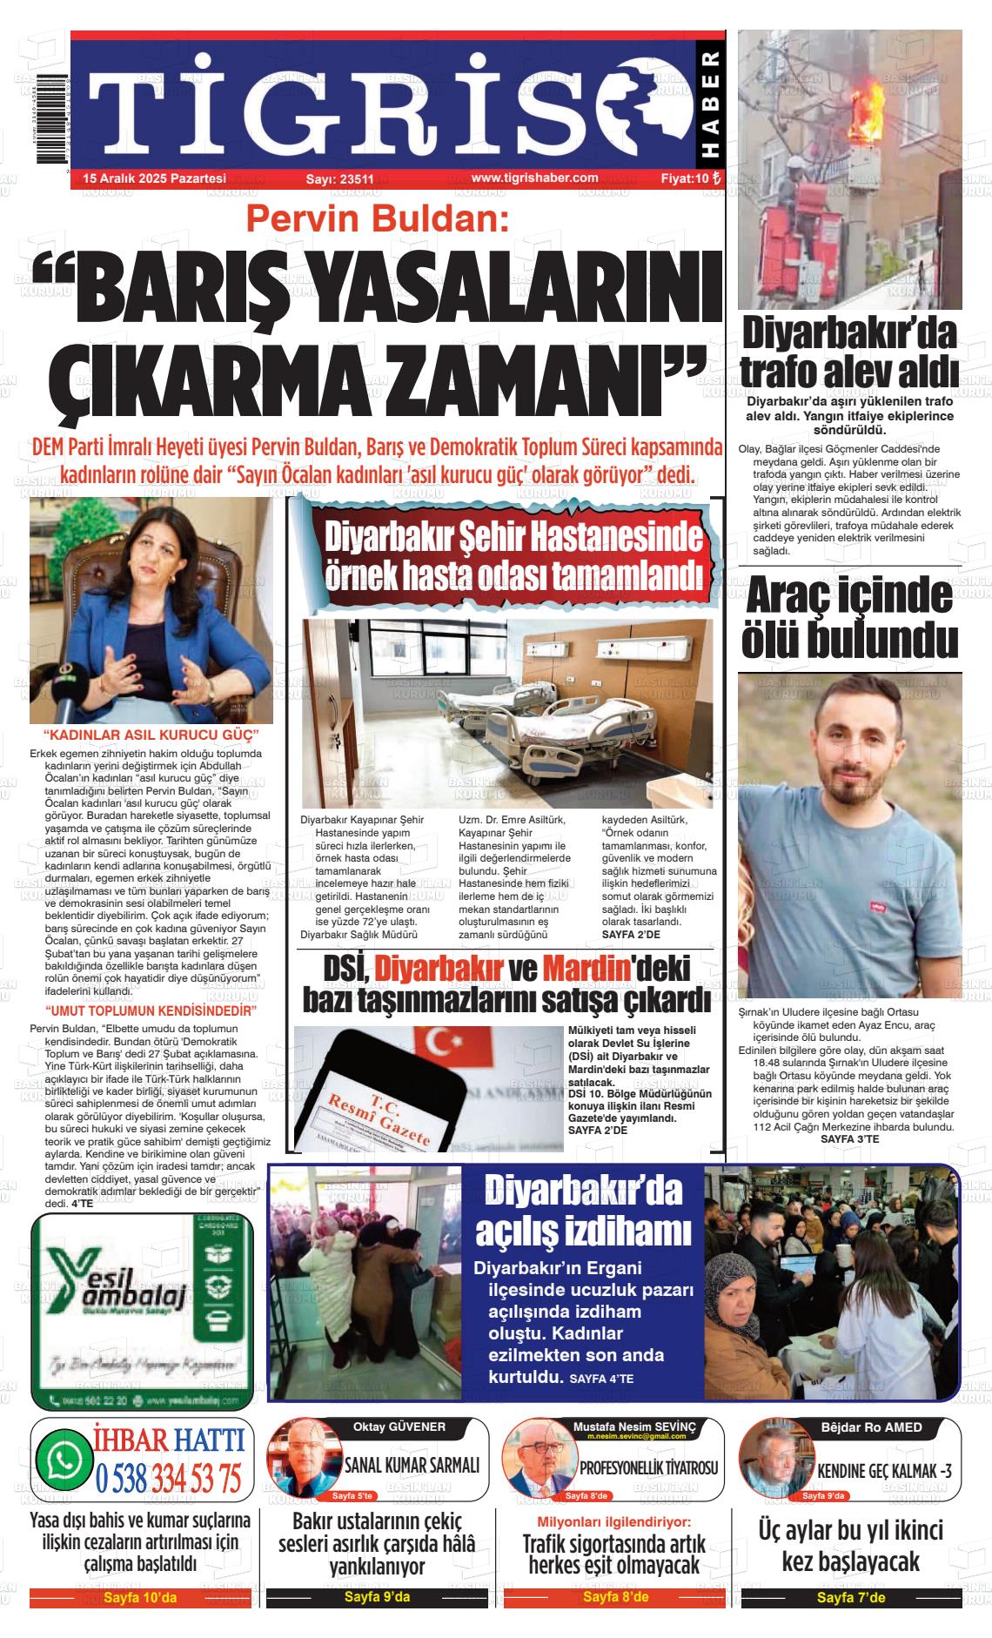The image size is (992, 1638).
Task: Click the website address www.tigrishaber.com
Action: click(534, 178)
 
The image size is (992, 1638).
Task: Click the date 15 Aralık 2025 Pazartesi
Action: click(154, 178)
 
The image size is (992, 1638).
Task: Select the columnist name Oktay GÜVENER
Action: click(399, 1427)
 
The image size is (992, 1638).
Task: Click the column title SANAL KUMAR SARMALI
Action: click(412, 1466)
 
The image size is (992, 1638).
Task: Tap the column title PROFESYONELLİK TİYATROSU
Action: click(648, 1467)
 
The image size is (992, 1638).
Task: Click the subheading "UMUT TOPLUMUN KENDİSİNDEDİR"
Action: click(151, 1010)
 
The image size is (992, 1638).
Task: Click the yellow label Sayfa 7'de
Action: click(850, 1598)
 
